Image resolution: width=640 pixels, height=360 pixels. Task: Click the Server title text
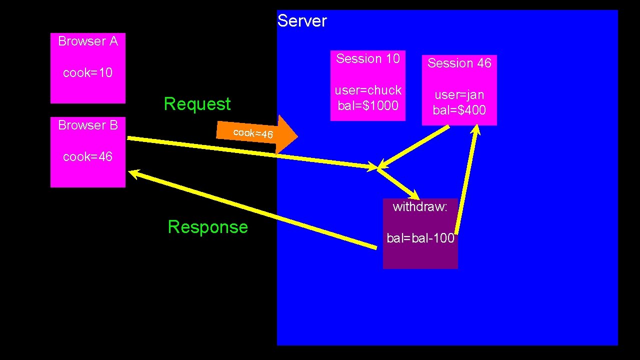[302, 21]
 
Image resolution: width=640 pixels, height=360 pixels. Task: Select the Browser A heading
[88, 41]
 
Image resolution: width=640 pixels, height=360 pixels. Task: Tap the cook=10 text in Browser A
[88, 73]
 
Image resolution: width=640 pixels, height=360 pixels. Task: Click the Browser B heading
[88, 125]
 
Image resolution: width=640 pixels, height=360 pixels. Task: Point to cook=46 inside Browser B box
[88, 157]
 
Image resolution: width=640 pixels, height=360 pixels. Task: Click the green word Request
[197, 104]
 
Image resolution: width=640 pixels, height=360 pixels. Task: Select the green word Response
[207, 227]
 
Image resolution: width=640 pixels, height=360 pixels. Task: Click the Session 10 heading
[368, 58]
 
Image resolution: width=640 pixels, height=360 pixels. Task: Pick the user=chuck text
[368, 90]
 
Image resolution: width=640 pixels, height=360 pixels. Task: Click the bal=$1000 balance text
[368, 105]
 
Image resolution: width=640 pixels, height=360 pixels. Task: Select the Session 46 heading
[459, 63]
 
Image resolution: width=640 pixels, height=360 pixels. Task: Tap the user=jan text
[459, 95]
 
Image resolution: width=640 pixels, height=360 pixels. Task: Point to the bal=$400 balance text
[459, 110]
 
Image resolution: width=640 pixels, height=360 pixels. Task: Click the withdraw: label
[420, 207]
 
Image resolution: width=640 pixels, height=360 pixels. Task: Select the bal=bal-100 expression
[420, 238]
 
